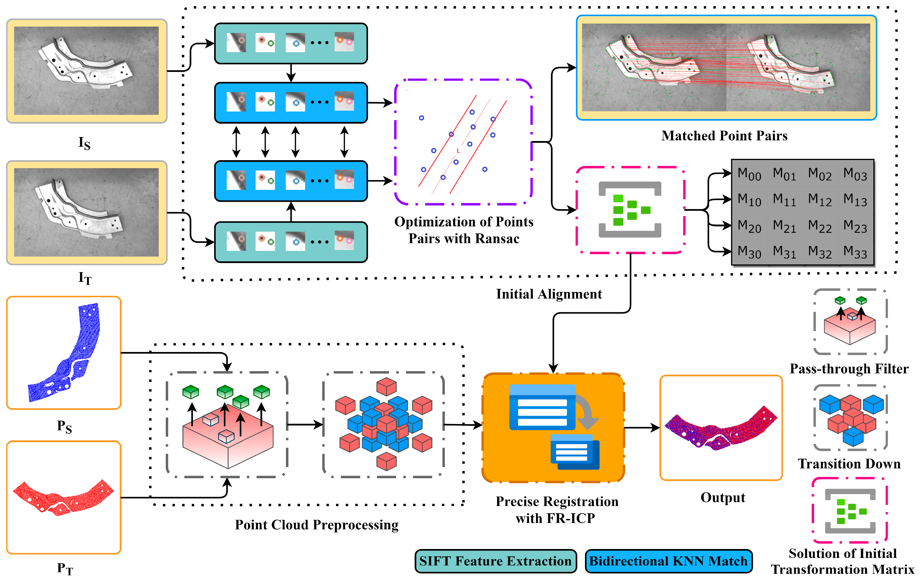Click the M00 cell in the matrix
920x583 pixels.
(749, 174)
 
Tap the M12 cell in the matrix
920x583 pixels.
(820, 200)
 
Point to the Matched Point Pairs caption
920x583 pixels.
(724, 136)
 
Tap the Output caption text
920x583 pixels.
(723, 497)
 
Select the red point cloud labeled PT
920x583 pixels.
(63, 497)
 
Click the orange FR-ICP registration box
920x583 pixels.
(553, 428)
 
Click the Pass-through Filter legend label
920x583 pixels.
(849, 369)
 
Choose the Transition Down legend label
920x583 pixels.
(849, 464)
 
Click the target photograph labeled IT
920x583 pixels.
(87, 212)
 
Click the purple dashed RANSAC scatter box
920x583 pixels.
(463, 142)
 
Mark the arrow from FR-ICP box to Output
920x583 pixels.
(642, 428)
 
